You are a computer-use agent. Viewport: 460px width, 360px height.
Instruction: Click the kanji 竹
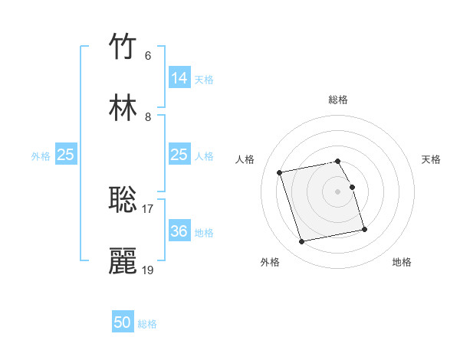click(x=124, y=47)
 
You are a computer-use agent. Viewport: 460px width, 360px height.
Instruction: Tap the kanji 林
click(x=124, y=108)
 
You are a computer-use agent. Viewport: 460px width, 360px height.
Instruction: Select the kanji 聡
click(x=124, y=199)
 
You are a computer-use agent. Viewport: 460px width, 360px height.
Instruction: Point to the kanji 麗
click(x=124, y=260)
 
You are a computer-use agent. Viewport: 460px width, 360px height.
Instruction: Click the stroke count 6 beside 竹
click(x=148, y=56)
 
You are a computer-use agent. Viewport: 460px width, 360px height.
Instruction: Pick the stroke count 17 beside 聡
click(x=148, y=208)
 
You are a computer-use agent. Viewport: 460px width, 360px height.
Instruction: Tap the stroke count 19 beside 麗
click(x=148, y=270)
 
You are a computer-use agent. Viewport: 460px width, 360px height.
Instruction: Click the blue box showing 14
click(x=179, y=78)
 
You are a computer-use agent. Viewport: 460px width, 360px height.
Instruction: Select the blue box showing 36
click(x=179, y=231)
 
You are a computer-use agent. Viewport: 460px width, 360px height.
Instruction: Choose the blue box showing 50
click(x=123, y=322)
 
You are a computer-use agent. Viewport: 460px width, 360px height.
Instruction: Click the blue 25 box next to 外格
click(x=66, y=155)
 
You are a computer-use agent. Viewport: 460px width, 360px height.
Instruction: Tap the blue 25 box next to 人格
click(x=179, y=155)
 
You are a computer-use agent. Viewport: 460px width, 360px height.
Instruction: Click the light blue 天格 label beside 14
click(x=204, y=79)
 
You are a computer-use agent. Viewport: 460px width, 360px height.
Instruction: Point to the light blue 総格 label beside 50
click(x=147, y=324)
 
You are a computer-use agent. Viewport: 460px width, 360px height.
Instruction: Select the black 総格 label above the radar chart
click(x=338, y=100)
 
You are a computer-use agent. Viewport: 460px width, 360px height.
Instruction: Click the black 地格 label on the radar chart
click(x=402, y=262)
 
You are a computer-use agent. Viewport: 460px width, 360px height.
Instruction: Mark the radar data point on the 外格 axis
click(x=302, y=242)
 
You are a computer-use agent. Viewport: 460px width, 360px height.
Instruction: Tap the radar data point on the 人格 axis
click(x=280, y=172)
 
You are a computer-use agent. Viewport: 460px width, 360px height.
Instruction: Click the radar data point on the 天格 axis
click(x=352, y=187)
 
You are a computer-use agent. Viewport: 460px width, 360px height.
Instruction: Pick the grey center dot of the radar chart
click(x=338, y=191)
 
